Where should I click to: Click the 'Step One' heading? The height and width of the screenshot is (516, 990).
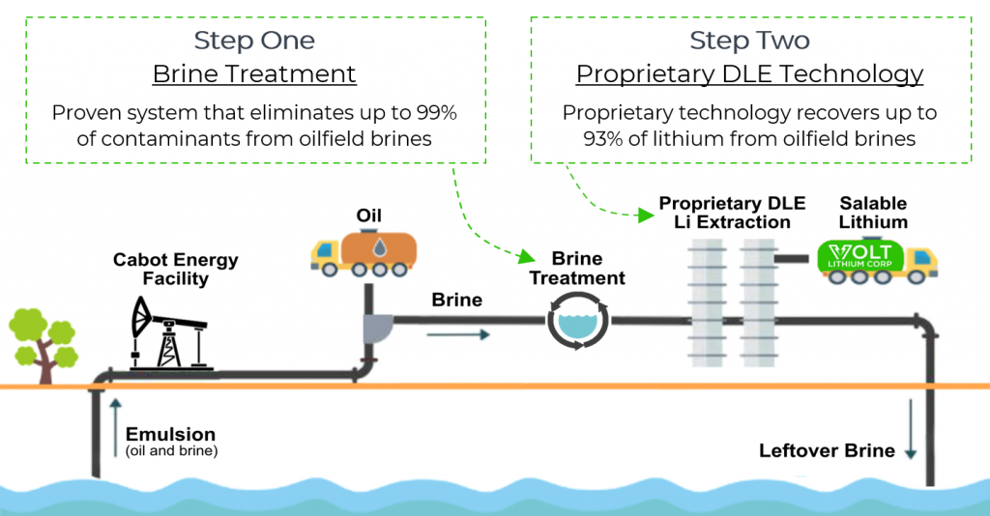coord(254,40)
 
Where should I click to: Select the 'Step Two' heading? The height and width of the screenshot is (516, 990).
coord(749,40)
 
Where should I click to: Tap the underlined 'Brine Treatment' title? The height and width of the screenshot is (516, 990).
coord(254,73)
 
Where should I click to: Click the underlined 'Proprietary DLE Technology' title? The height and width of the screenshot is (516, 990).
coord(749,73)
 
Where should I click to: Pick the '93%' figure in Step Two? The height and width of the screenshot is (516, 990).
coord(603,138)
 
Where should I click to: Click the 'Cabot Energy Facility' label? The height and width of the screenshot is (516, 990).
coord(175,270)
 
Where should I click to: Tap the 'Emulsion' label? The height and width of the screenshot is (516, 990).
coord(170,435)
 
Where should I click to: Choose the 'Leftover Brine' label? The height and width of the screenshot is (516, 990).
coord(828,450)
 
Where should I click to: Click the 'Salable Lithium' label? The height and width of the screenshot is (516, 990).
coord(873,213)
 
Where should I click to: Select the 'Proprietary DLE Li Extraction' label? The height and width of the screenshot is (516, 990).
coord(724,213)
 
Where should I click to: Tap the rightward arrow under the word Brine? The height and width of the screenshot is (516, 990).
coord(457,334)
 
